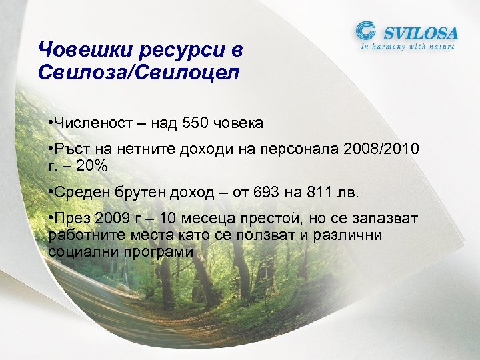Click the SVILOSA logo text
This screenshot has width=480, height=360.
tap(419, 33)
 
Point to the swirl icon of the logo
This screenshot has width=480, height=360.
tap(367, 32)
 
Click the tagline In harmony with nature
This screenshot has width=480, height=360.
tap(408, 47)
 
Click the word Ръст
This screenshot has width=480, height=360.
tap(71, 149)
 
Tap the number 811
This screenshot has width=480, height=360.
tap(322, 193)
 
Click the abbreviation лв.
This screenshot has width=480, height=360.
tap(350, 193)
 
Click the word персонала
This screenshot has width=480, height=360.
tap(301, 149)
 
